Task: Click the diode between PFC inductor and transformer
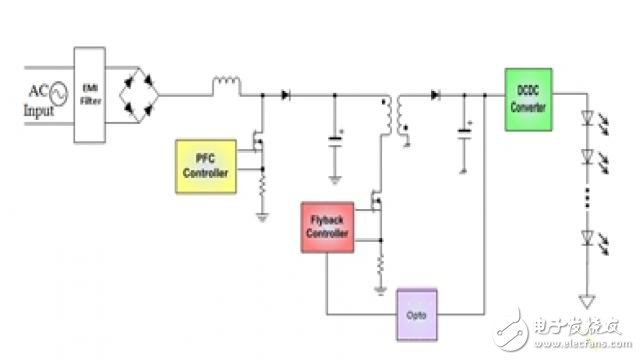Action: pyautogui.click(x=287, y=95)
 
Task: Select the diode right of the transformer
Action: pyautogui.click(x=436, y=95)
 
